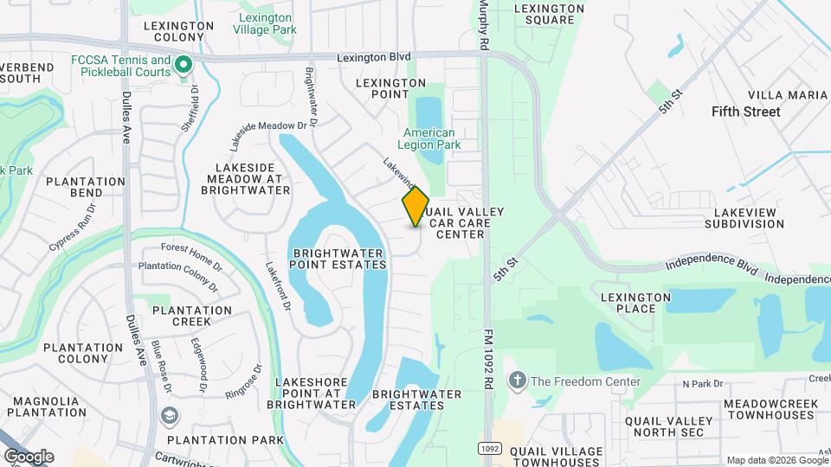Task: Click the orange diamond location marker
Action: coord(415,206)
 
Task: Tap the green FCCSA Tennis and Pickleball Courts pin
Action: coord(184,65)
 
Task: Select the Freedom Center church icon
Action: coord(518,381)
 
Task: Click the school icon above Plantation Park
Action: coord(167,417)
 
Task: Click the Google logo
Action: coord(29,456)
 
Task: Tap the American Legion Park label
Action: coord(428,139)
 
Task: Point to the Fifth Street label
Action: coord(745,112)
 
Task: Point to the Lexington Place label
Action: coord(635,303)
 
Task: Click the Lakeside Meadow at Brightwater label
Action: coord(248,178)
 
